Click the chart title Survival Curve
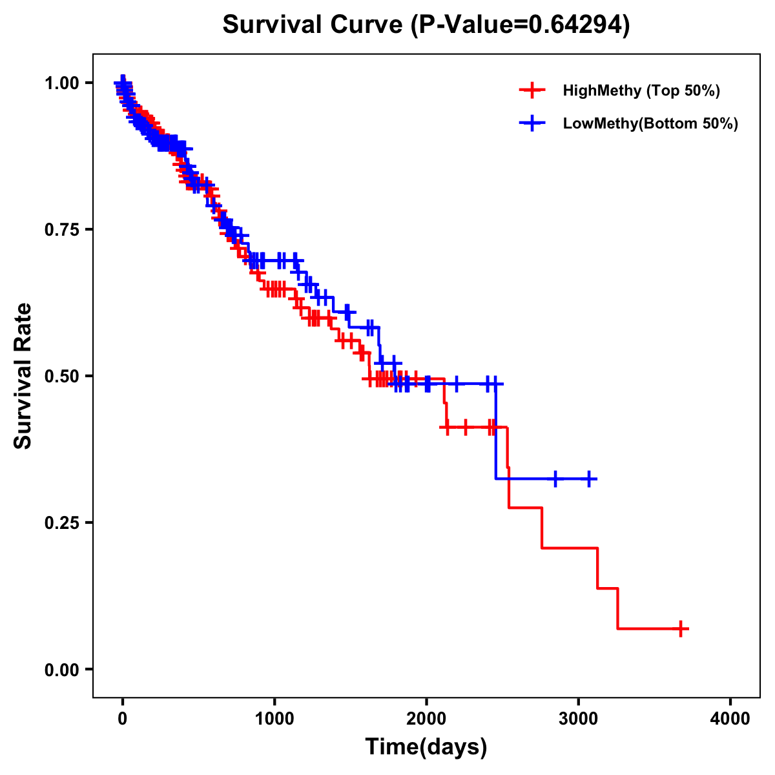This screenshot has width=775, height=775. point(315,25)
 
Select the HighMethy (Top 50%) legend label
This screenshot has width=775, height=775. point(641,90)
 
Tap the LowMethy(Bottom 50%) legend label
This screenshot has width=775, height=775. point(650,123)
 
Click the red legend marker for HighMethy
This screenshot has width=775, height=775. point(532,90)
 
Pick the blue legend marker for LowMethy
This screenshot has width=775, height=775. point(532,123)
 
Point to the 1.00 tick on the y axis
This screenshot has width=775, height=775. point(61,83)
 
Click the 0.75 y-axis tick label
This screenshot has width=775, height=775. point(61,230)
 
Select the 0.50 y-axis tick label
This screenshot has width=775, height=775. point(61,376)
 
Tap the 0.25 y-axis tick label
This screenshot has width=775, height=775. point(61,522)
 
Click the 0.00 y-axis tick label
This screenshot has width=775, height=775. point(61,669)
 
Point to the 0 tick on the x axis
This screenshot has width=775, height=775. point(123,719)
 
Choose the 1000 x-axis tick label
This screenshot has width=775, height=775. point(274,719)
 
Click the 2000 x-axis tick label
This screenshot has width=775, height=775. point(426,719)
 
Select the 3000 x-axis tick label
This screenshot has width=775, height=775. point(579,719)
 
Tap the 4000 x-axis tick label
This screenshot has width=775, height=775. point(730,719)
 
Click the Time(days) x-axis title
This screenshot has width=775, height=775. point(426,747)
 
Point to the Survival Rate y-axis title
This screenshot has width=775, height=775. point(23,376)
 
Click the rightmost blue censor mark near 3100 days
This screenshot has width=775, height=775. point(588,479)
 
